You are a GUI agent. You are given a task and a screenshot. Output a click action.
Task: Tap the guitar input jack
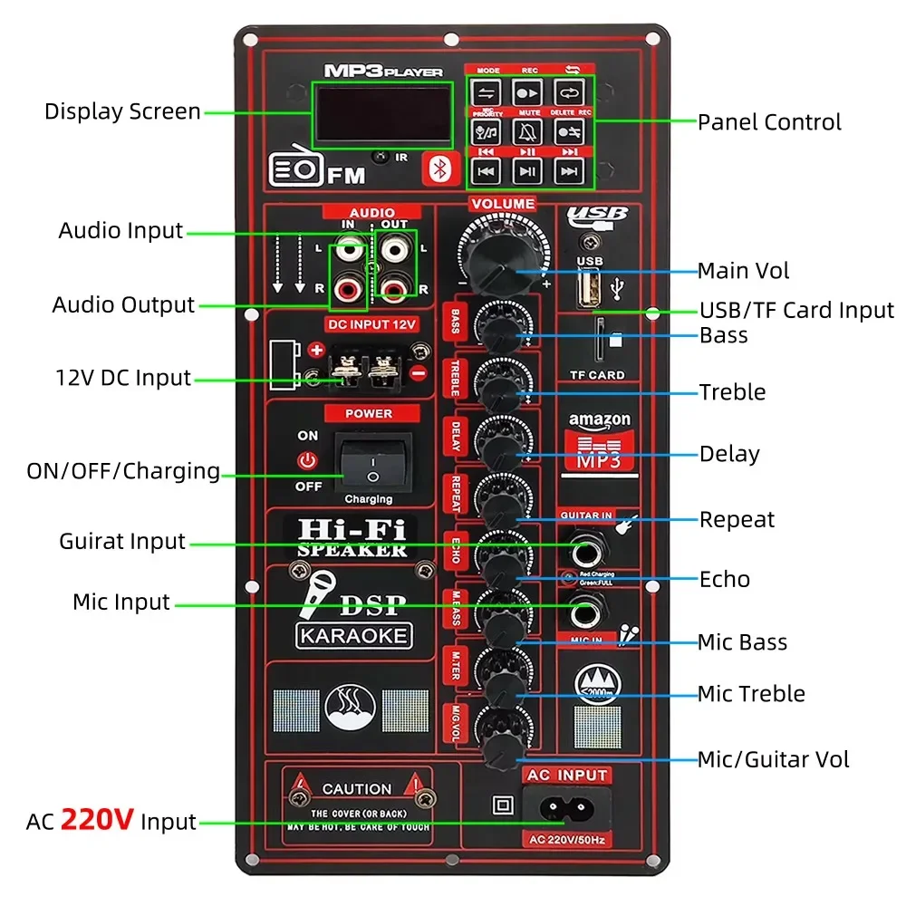[583, 547]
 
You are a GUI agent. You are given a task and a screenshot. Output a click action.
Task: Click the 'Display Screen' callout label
[122, 111]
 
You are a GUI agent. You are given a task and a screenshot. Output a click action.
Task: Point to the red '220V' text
[98, 821]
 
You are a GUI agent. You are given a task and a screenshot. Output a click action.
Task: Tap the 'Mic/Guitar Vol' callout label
[774, 759]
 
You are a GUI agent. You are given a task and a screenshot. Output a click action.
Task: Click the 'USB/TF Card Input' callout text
[796, 310]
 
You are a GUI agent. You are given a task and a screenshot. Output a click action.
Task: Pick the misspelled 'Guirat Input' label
[122, 542]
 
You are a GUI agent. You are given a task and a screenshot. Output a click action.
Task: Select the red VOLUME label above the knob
[503, 204]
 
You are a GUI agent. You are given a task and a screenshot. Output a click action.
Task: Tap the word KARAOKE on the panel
[353, 635]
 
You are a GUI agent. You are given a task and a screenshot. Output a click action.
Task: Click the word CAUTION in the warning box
[356, 789]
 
